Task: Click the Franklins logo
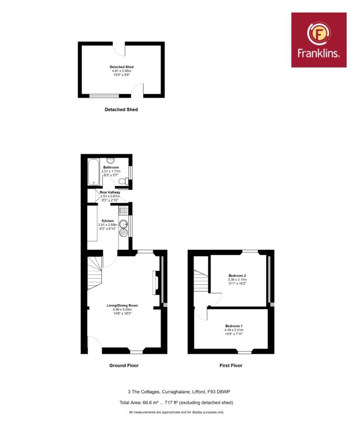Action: (319, 40)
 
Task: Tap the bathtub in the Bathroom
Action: (93, 172)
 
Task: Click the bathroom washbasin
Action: (111, 161)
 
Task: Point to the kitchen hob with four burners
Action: (123, 210)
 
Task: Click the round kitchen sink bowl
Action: (123, 224)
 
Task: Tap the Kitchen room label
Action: (108, 221)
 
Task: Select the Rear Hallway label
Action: (110, 192)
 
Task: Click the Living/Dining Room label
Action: (122, 305)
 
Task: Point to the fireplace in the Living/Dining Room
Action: (156, 282)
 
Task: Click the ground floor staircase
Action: (94, 273)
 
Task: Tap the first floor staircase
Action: (202, 280)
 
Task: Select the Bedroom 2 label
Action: (237, 275)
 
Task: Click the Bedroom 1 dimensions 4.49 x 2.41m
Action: (234, 330)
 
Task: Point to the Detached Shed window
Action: (104, 96)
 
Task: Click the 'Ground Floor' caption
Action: (124, 366)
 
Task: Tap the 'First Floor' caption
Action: (231, 366)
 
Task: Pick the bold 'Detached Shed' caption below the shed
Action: (121, 110)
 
